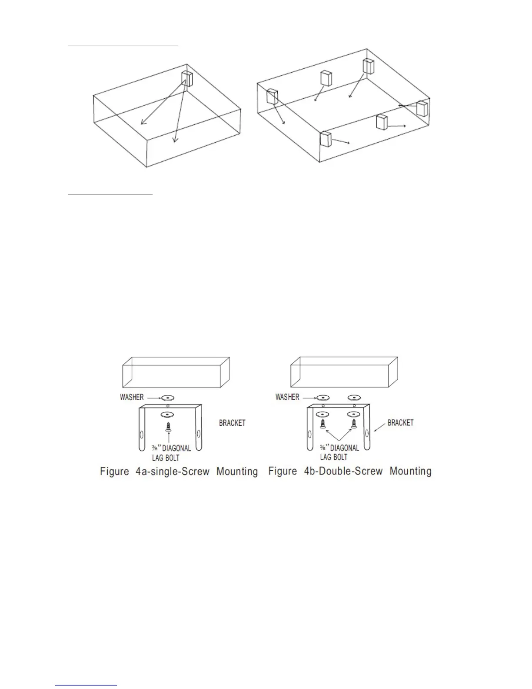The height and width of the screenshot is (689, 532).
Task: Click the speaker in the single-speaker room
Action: tap(187, 80)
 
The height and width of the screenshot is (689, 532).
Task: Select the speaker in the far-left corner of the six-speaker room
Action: tap(272, 97)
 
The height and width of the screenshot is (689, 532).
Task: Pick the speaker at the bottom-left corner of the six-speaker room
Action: tap(326, 139)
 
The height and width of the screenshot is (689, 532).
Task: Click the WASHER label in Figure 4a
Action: tap(132, 397)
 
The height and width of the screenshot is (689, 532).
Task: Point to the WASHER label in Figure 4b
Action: tap(287, 397)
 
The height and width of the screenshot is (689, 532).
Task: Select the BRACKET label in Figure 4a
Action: tap(232, 423)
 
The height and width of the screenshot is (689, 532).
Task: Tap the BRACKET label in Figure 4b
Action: tap(400, 423)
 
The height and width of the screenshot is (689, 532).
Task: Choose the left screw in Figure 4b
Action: tap(323, 424)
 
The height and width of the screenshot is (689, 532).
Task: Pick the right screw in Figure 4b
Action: tap(354, 424)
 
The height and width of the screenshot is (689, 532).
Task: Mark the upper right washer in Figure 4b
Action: tap(354, 397)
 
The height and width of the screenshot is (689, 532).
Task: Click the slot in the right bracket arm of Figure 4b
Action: tap(366, 433)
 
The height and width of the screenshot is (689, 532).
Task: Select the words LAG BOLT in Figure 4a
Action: tap(166, 458)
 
